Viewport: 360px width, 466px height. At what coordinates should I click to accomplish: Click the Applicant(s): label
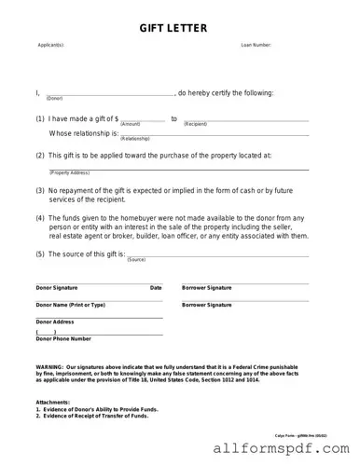click(x=50, y=45)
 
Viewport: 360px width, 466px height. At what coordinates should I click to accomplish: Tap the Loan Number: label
click(x=256, y=45)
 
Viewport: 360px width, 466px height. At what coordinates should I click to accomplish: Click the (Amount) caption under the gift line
click(x=130, y=124)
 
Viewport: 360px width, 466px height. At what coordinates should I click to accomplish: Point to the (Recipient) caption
click(x=195, y=124)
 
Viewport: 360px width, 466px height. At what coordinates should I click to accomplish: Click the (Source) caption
click(x=136, y=260)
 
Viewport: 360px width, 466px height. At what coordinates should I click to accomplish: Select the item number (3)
click(x=40, y=189)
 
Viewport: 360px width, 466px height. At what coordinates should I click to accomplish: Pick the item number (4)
click(x=40, y=216)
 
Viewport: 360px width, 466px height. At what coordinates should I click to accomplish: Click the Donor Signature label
click(x=59, y=288)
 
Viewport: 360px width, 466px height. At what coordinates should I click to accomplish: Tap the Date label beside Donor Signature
click(x=156, y=288)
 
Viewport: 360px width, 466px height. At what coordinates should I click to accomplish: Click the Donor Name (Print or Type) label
click(x=70, y=305)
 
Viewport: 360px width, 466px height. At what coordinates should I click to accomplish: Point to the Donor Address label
click(x=55, y=322)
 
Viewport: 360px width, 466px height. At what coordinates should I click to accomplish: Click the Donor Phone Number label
click(x=63, y=338)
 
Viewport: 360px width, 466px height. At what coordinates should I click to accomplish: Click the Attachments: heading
click(x=53, y=403)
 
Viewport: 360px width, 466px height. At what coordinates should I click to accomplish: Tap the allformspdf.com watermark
click(x=286, y=450)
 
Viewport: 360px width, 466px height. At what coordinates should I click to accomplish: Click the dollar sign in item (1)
click(x=115, y=118)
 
